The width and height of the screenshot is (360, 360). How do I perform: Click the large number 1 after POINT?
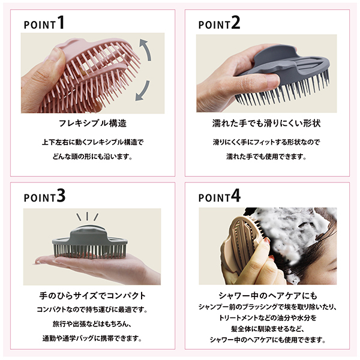tap(61, 23)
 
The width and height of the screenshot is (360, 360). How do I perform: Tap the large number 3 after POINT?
tap(61, 196)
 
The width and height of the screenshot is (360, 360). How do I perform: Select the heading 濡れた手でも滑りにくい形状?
tap(267, 124)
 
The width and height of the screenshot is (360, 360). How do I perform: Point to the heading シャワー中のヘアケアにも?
tap(267, 296)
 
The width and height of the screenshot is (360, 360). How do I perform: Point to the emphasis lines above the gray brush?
tap(90, 217)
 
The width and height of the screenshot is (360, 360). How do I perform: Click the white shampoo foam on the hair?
tap(300, 231)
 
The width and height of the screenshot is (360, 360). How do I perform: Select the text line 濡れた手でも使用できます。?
tap(267, 157)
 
